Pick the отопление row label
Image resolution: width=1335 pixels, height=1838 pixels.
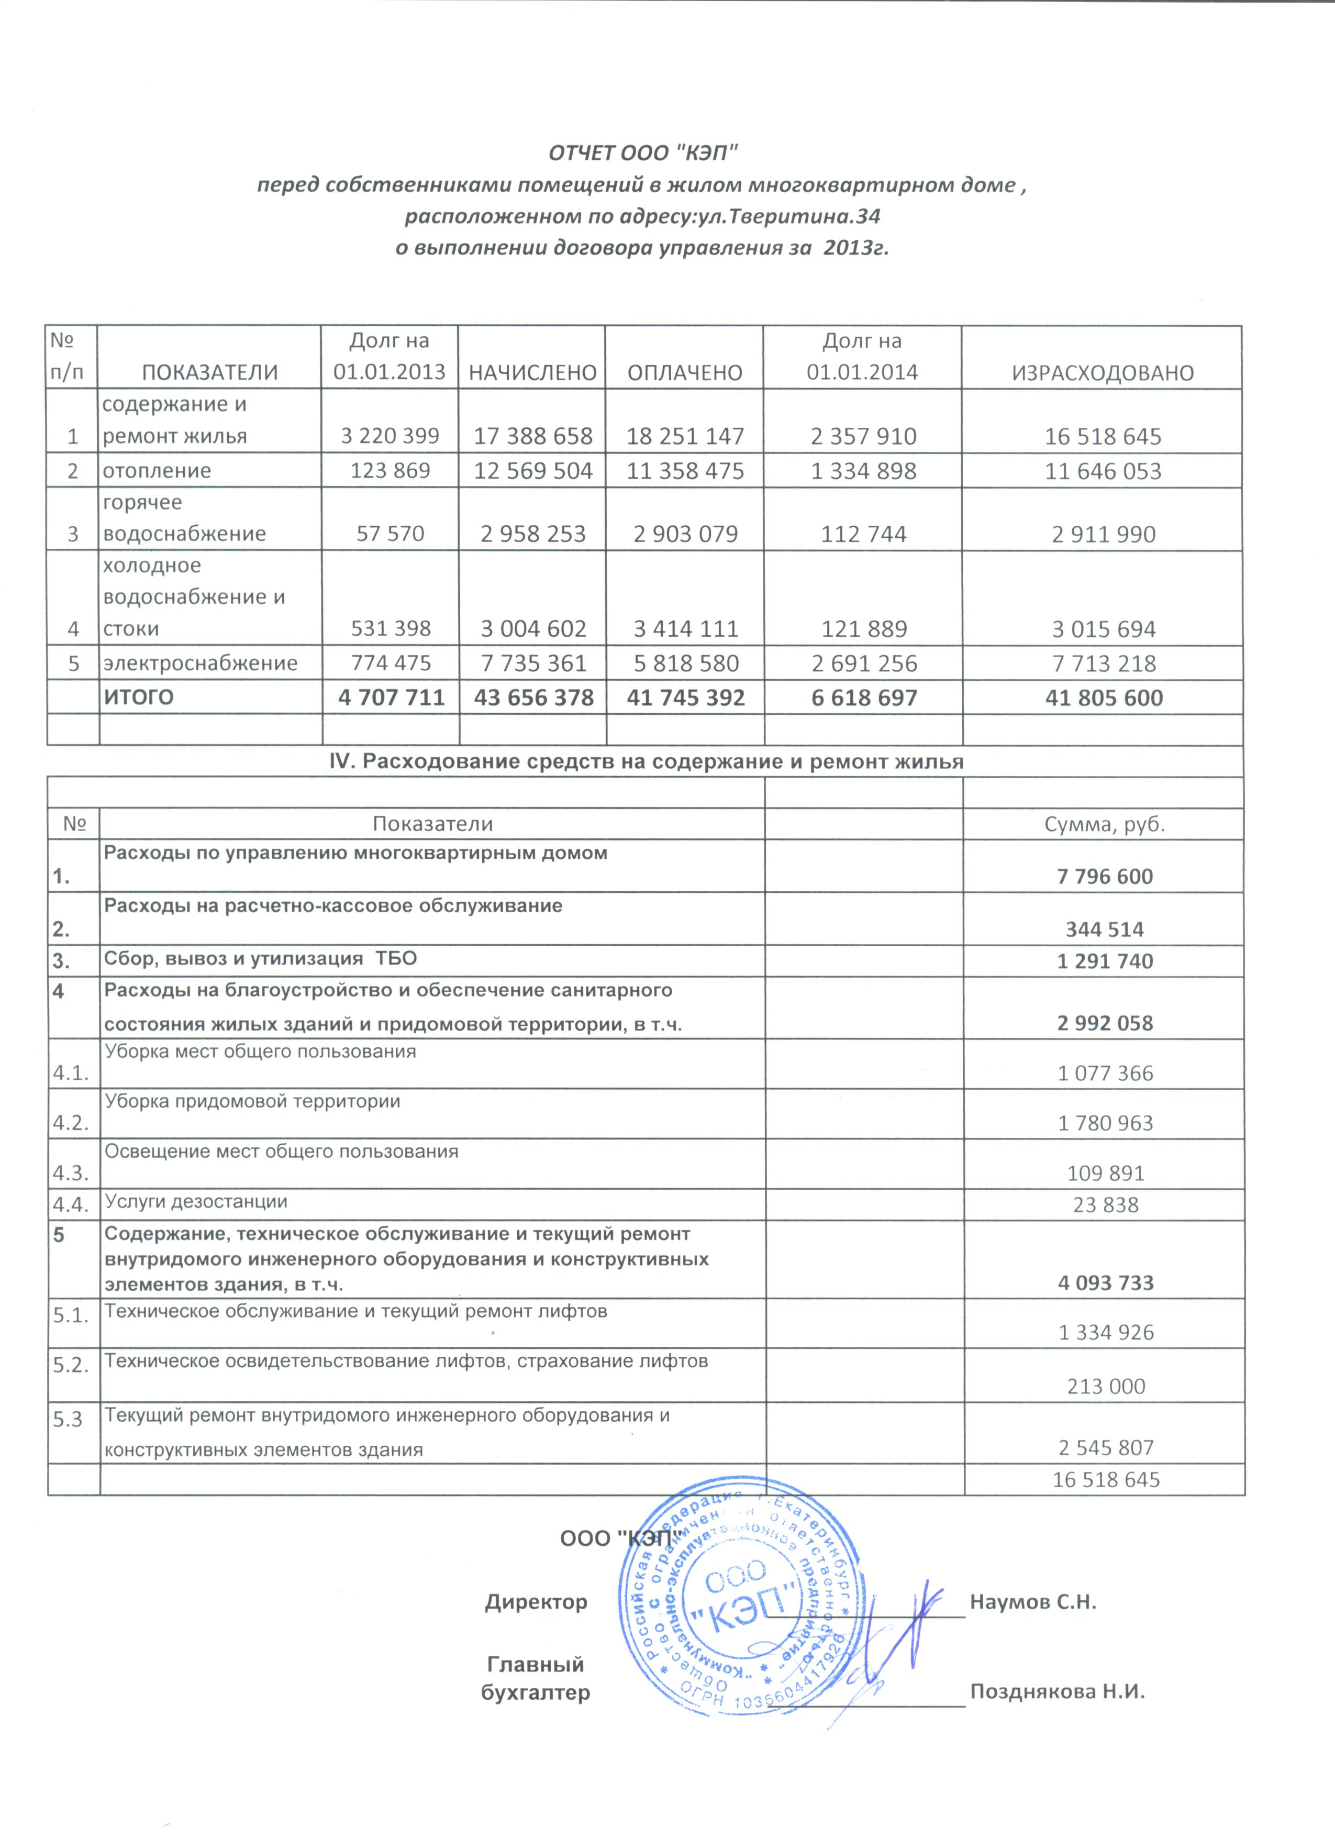(x=157, y=470)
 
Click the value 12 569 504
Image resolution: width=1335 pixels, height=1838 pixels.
(x=532, y=471)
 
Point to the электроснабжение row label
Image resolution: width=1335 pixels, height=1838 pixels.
(x=200, y=663)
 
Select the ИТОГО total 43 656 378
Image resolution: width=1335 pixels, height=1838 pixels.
(x=533, y=697)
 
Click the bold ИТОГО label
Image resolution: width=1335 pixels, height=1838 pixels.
(x=139, y=697)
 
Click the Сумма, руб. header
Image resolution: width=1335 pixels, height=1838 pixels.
(x=1104, y=824)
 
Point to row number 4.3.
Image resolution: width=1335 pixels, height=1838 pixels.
(x=71, y=1172)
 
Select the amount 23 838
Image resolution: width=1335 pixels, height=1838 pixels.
(x=1105, y=1205)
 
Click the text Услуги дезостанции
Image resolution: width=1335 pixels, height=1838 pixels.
(x=196, y=1201)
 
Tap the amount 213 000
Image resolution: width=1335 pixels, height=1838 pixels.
(x=1106, y=1386)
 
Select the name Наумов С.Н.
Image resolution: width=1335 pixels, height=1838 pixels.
(x=1033, y=1601)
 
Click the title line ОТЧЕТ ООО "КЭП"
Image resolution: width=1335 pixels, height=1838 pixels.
(x=643, y=152)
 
